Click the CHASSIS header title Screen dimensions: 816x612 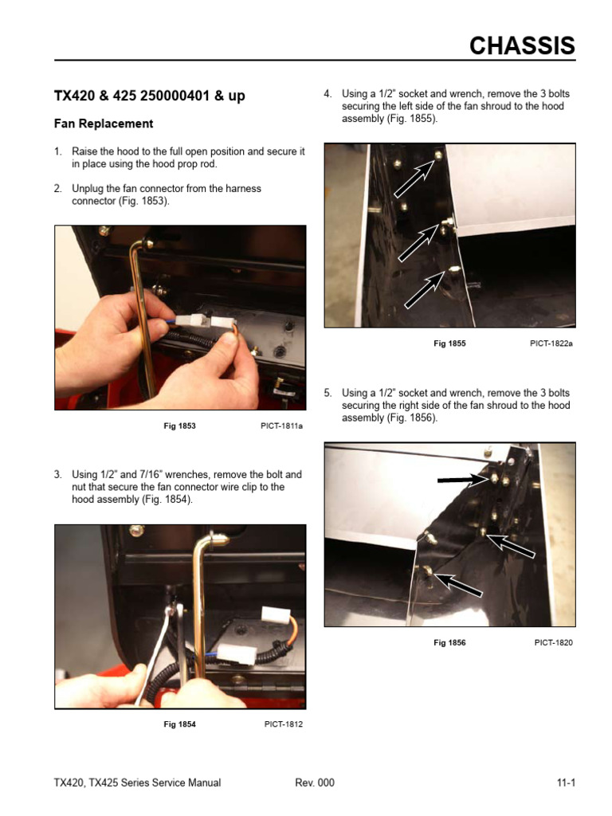pyautogui.click(x=521, y=46)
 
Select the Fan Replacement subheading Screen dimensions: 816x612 pyautogui.click(x=103, y=124)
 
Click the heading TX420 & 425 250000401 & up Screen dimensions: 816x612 pyautogui.click(x=149, y=96)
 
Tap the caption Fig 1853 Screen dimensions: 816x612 pyautogui.click(x=179, y=426)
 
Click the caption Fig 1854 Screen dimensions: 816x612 pyautogui.click(x=179, y=724)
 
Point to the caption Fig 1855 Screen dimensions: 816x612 pyautogui.click(x=449, y=343)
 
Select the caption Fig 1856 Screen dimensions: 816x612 pyautogui.click(x=449, y=642)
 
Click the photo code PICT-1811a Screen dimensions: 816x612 pyautogui.click(x=281, y=426)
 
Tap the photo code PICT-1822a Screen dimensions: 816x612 pyautogui.click(x=551, y=343)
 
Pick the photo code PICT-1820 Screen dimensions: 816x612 pyautogui.click(x=554, y=642)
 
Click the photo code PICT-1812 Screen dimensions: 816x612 pyautogui.click(x=284, y=724)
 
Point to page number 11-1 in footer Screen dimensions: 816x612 pyautogui.click(x=566, y=783)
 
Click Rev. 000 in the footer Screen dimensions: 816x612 pyautogui.click(x=315, y=783)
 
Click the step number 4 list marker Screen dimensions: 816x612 pyautogui.click(x=328, y=94)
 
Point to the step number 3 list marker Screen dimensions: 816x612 pyautogui.click(x=57, y=475)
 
